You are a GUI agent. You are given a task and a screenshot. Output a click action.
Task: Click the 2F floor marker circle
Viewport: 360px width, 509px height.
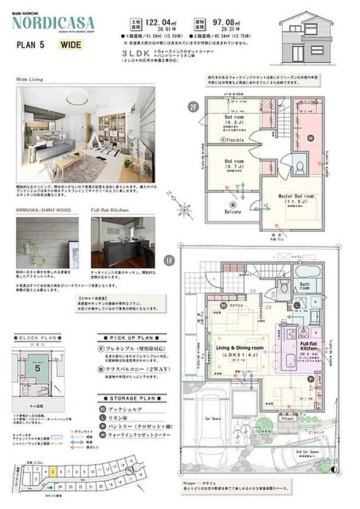pos(193,106)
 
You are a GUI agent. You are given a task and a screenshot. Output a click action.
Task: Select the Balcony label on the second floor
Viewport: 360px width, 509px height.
pos(233,211)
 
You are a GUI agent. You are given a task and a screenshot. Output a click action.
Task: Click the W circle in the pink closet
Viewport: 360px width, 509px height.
pos(309,138)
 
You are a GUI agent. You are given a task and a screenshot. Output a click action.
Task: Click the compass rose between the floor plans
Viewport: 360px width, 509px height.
pos(185,208)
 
